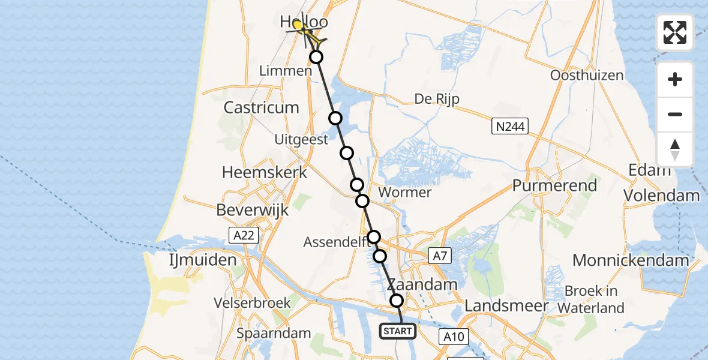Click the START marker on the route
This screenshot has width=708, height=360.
coord(397,331)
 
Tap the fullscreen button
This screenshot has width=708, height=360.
coord(675,32)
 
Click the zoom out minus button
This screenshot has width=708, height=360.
coord(675,114)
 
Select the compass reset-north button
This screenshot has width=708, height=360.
coord(675,149)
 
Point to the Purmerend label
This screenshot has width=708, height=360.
coord(554,185)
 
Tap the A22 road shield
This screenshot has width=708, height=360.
coord(244,235)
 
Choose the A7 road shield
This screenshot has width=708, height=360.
coord(440,257)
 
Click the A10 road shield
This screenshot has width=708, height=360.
coord(454,337)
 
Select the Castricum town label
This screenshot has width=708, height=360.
coord(261,108)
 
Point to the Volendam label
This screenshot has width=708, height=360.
coord(661,196)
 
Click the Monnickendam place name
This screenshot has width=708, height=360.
coord(631,260)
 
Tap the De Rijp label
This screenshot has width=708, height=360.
coord(437,99)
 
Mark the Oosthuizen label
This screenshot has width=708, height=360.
coord(587,76)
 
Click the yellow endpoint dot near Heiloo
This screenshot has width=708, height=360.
coord(298,25)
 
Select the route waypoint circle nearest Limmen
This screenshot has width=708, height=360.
coord(316,57)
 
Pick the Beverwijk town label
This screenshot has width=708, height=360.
coord(253,211)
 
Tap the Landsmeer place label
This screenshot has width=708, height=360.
coord(506,306)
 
